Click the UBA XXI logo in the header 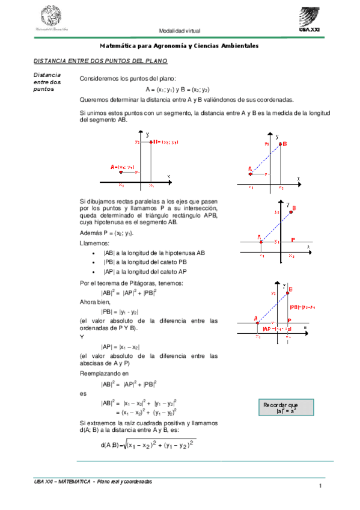tap(313, 19)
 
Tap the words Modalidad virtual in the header tap(180, 31)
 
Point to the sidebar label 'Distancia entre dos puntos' tap(47, 82)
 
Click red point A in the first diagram tap(121, 172)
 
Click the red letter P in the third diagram tap(292, 239)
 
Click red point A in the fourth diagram tap(257, 322)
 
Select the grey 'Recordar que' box tap(281, 408)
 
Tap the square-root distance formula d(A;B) tap(147, 444)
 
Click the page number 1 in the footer tap(322, 486)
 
